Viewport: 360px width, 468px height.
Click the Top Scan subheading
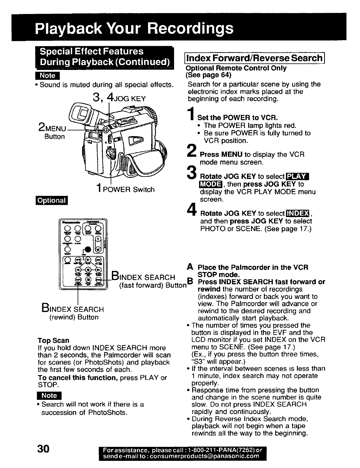[x=54, y=340]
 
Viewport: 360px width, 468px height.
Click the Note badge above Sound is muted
[x=48, y=76]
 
